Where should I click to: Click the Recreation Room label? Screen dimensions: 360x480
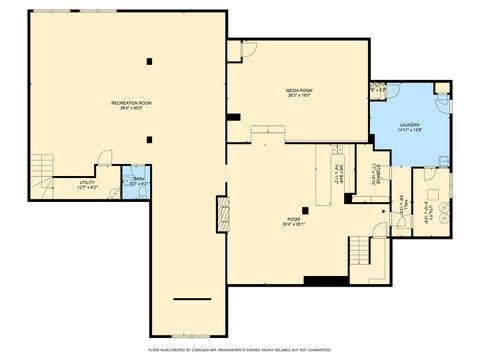click(x=131, y=103)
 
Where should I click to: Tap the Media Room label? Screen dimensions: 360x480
click(x=300, y=91)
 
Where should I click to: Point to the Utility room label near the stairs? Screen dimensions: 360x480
click(x=87, y=182)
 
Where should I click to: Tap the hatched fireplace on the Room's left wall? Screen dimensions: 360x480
click(x=222, y=214)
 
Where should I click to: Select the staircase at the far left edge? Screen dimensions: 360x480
click(x=40, y=167)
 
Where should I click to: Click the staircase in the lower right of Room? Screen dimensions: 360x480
click(x=360, y=250)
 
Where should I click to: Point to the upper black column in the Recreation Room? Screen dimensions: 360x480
click(x=149, y=62)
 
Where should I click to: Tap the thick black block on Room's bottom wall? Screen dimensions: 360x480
click(x=325, y=279)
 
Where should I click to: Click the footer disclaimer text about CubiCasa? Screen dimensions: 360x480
click(x=240, y=350)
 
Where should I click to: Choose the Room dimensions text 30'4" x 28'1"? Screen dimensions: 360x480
click(x=292, y=224)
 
